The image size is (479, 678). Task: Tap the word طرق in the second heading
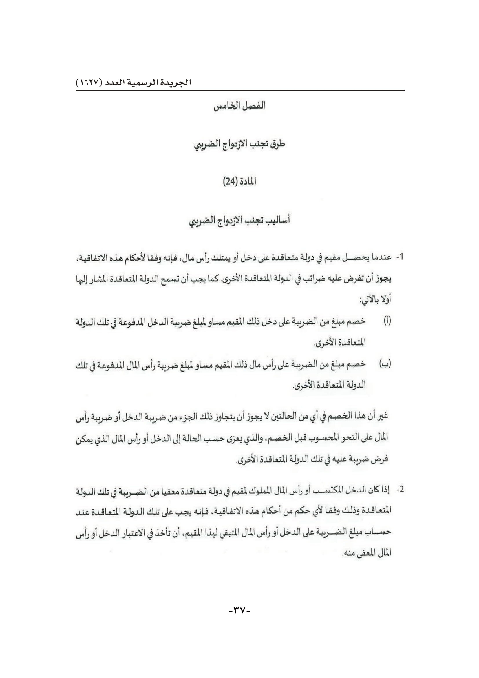coord(278,144)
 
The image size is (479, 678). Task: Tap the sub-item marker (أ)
coord(387,320)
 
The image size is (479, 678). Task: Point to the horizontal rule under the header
coord(240,91)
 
